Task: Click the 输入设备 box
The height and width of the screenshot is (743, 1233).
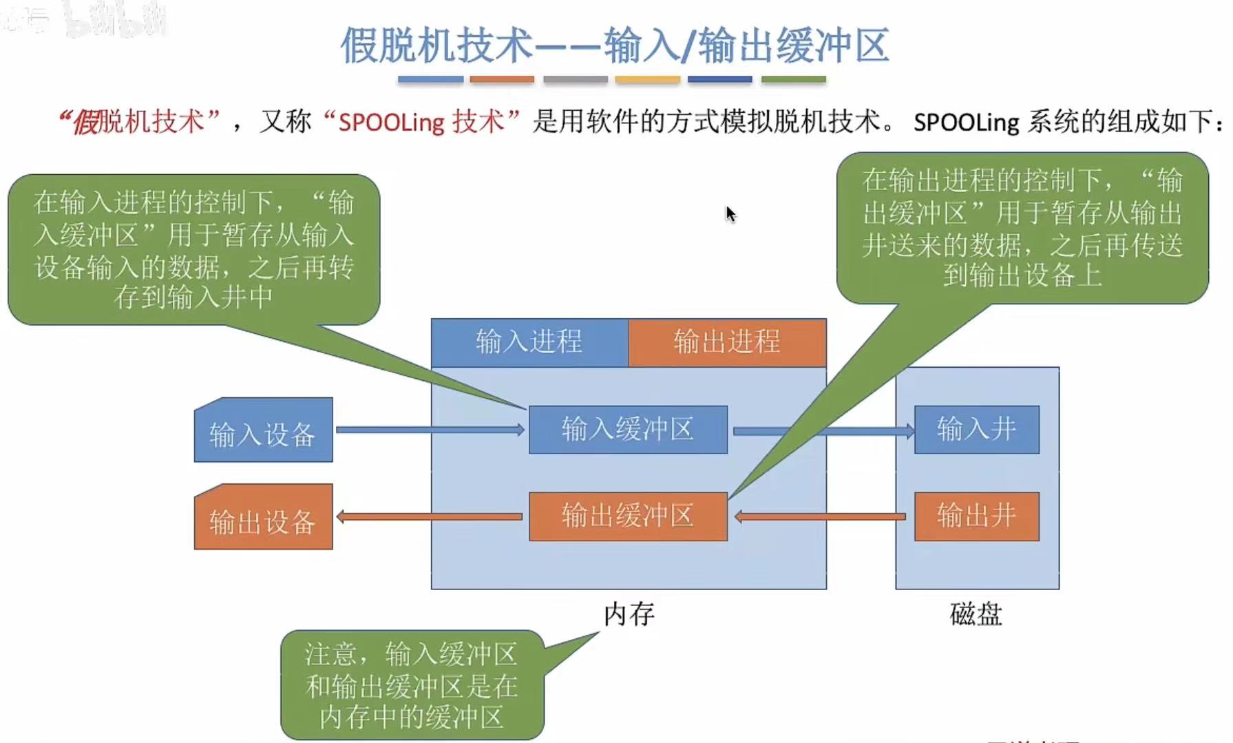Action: [263, 431]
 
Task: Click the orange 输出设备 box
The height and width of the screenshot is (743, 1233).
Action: [263, 518]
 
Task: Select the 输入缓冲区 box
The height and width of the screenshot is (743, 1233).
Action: [627, 430]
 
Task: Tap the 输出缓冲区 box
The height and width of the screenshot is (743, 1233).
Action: [627, 516]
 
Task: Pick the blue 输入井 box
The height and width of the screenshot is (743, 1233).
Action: [976, 430]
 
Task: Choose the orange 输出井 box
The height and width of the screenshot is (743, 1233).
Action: [976, 516]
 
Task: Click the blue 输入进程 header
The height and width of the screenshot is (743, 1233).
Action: [529, 342]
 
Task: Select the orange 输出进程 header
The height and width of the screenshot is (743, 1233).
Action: [726, 342]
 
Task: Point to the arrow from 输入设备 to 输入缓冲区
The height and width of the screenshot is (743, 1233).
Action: [430, 430]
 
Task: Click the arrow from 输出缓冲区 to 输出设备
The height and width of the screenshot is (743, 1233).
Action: [430, 516]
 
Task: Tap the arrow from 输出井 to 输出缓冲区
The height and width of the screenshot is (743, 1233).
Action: [819, 516]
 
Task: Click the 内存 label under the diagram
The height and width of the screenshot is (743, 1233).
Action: [629, 614]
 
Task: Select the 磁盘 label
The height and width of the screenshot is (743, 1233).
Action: [976, 614]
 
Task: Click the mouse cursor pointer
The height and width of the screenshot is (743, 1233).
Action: [730, 214]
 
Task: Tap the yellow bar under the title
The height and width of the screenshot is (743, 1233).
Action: [647, 80]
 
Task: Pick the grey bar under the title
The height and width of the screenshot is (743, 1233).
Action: [575, 80]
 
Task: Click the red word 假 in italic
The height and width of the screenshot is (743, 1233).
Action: [85, 123]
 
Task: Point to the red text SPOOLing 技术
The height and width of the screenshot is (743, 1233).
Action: [421, 122]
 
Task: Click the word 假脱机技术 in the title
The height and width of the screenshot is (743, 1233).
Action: [436, 45]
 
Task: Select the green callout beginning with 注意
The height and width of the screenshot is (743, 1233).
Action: [412, 685]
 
